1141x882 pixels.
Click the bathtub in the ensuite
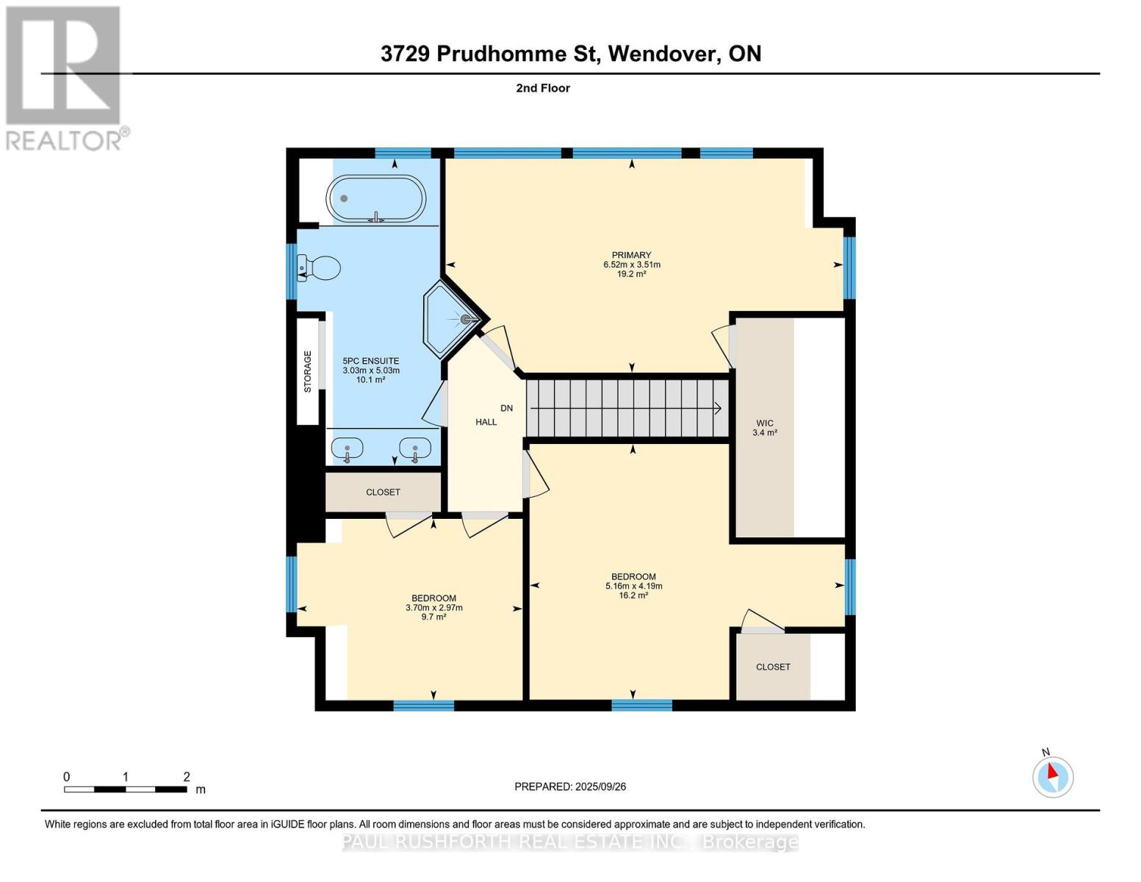376,200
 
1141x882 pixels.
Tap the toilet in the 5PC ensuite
320,268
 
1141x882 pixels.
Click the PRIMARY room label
631,255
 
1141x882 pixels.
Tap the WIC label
765,423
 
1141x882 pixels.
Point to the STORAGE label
308,371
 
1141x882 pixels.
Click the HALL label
486,422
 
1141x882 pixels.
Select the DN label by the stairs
506,408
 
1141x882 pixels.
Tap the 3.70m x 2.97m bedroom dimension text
433,608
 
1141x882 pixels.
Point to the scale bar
125,789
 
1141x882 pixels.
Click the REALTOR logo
65,77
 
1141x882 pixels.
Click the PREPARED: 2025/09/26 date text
570,786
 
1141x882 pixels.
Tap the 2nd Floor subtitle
543,88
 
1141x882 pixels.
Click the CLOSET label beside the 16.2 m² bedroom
773,667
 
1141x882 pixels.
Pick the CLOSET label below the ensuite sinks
383,492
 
